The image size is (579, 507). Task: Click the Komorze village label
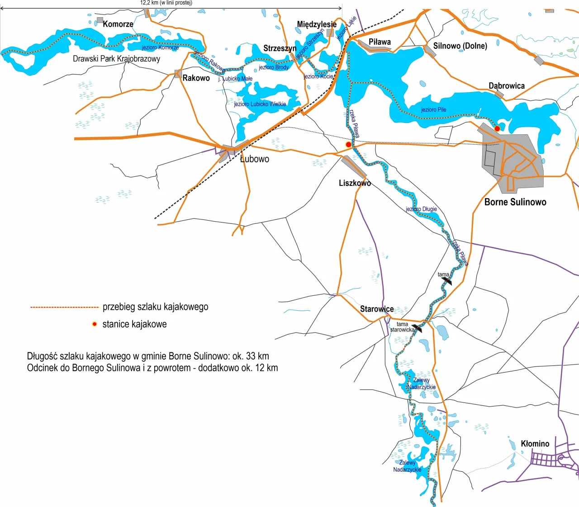118,24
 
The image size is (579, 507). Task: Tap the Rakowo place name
196,78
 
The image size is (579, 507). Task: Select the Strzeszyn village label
280,48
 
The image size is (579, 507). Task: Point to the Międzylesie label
317,24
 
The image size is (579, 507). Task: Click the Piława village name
380,42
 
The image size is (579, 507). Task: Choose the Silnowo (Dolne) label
460,46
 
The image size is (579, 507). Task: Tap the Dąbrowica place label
507,85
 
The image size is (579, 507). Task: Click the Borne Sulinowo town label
515,202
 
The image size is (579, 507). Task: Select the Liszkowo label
355,183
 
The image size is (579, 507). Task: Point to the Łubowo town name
254,159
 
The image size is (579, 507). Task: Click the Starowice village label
377,309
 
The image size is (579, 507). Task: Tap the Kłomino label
535,444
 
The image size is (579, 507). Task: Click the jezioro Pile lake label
433,109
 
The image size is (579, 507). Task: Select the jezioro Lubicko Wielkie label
260,104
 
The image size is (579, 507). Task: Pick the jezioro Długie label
421,209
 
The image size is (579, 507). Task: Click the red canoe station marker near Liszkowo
348,144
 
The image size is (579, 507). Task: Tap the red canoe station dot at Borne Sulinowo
497,128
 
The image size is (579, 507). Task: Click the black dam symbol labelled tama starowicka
417,328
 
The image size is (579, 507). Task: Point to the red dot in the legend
95,324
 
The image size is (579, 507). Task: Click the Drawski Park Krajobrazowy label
116,58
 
